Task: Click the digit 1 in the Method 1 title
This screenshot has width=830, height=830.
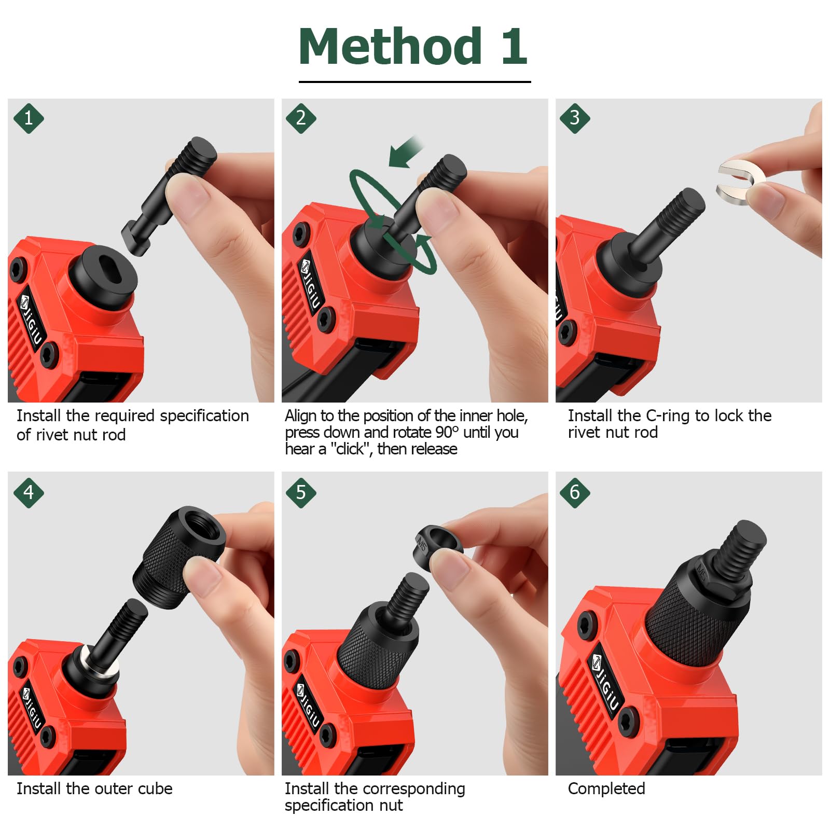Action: coord(514,47)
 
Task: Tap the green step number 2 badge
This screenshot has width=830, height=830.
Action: coord(301,118)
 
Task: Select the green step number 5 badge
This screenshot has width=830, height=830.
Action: coord(301,492)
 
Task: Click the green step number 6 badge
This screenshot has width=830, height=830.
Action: coord(575,492)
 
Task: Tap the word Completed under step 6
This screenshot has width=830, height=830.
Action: coord(606,789)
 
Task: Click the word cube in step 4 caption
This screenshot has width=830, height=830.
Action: coord(155,789)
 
